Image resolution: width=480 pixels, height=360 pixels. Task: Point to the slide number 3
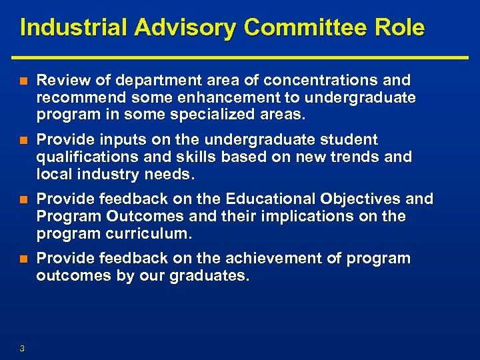23,348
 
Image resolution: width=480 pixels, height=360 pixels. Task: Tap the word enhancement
204,98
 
